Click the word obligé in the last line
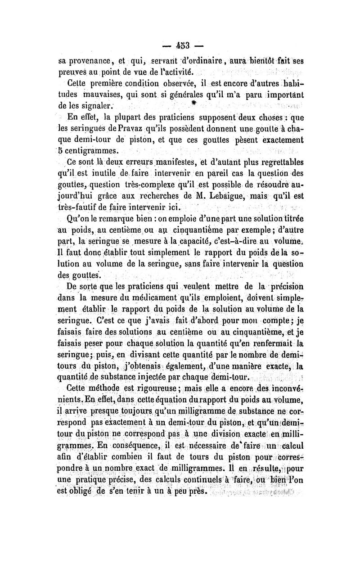pyautogui.click(x=84, y=490)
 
